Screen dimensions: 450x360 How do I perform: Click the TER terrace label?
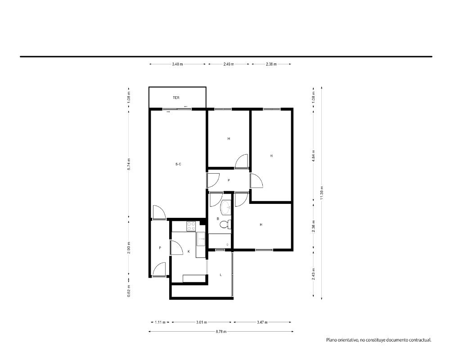(176, 98)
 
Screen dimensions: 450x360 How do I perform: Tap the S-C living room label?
(178, 165)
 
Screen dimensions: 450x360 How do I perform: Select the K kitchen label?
(189, 252)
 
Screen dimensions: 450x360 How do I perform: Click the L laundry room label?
(220, 275)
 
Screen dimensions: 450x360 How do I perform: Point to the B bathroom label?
(218, 219)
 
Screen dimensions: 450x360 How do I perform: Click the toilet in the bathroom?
(225, 225)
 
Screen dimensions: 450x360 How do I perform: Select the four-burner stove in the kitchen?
(191, 226)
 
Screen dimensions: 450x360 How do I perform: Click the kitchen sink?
(201, 239)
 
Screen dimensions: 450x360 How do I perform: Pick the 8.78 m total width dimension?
(221, 332)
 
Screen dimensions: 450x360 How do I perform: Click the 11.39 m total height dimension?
(322, 193)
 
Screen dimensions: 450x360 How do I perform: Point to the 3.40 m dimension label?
(177, 64)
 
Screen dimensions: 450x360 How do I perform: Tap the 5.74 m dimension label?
(129, 164)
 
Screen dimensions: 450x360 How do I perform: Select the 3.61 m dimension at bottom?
(202, 322)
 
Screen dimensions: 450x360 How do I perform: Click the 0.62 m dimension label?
(129, 291)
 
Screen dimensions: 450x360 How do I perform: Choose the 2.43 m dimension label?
(313, 274)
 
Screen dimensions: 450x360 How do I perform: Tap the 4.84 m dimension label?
(313, 156)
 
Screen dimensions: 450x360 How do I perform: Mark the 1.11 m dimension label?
(160, 322)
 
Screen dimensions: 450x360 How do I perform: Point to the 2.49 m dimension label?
(229, 64)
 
